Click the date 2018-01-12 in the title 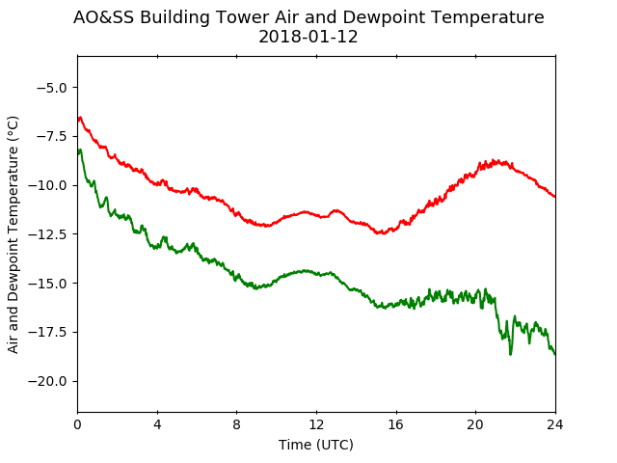point(308,37)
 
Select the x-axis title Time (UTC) point(316,445)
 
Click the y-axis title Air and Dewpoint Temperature point(13,235)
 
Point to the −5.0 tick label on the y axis point(52,88)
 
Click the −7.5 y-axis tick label point(52,136)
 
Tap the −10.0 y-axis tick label point(47,185)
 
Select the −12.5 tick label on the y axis point(47,234)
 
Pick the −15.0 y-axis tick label point(47,283)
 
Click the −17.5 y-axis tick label point(47,332)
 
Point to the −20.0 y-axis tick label point(47,381)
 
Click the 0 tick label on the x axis point(77,424)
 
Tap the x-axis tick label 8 point(236,424)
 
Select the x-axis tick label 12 point(316,424)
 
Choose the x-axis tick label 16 point(396,424)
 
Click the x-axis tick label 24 point(555,424)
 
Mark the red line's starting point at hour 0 point(78,122)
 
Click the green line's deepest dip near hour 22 point(510,354)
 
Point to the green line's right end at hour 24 point(555,354)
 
